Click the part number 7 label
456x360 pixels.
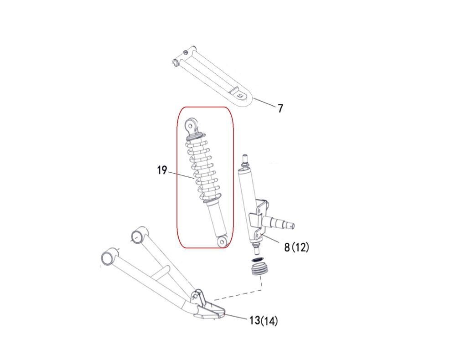point(280,108)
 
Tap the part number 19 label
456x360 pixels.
point(162,170)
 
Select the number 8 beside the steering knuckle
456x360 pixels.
point(287,247)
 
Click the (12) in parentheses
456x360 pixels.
point(300,247)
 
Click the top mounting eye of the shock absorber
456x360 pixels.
point(191,125)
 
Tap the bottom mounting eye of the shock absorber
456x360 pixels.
point(223,242)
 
